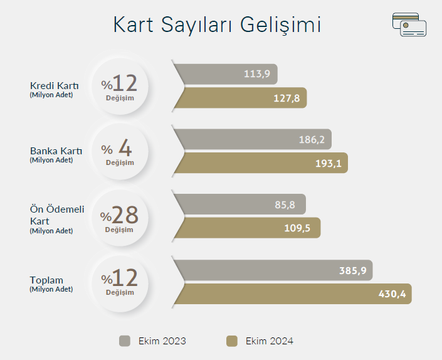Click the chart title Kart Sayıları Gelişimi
point(217,25)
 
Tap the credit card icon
point(409,24)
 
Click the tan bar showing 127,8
point(240,98)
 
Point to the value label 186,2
point(312,139)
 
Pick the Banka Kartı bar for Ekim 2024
point(260,163)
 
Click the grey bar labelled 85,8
point(239,204)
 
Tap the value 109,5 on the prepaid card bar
point(297,228)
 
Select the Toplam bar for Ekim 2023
point(273,270)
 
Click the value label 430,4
point(392,294)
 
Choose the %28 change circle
point(120,218)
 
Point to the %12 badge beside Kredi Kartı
point(120,87)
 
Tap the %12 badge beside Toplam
point(120,284)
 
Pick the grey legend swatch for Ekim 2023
point(125,341)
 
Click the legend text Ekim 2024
point(270,341)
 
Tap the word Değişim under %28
point(119,230)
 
